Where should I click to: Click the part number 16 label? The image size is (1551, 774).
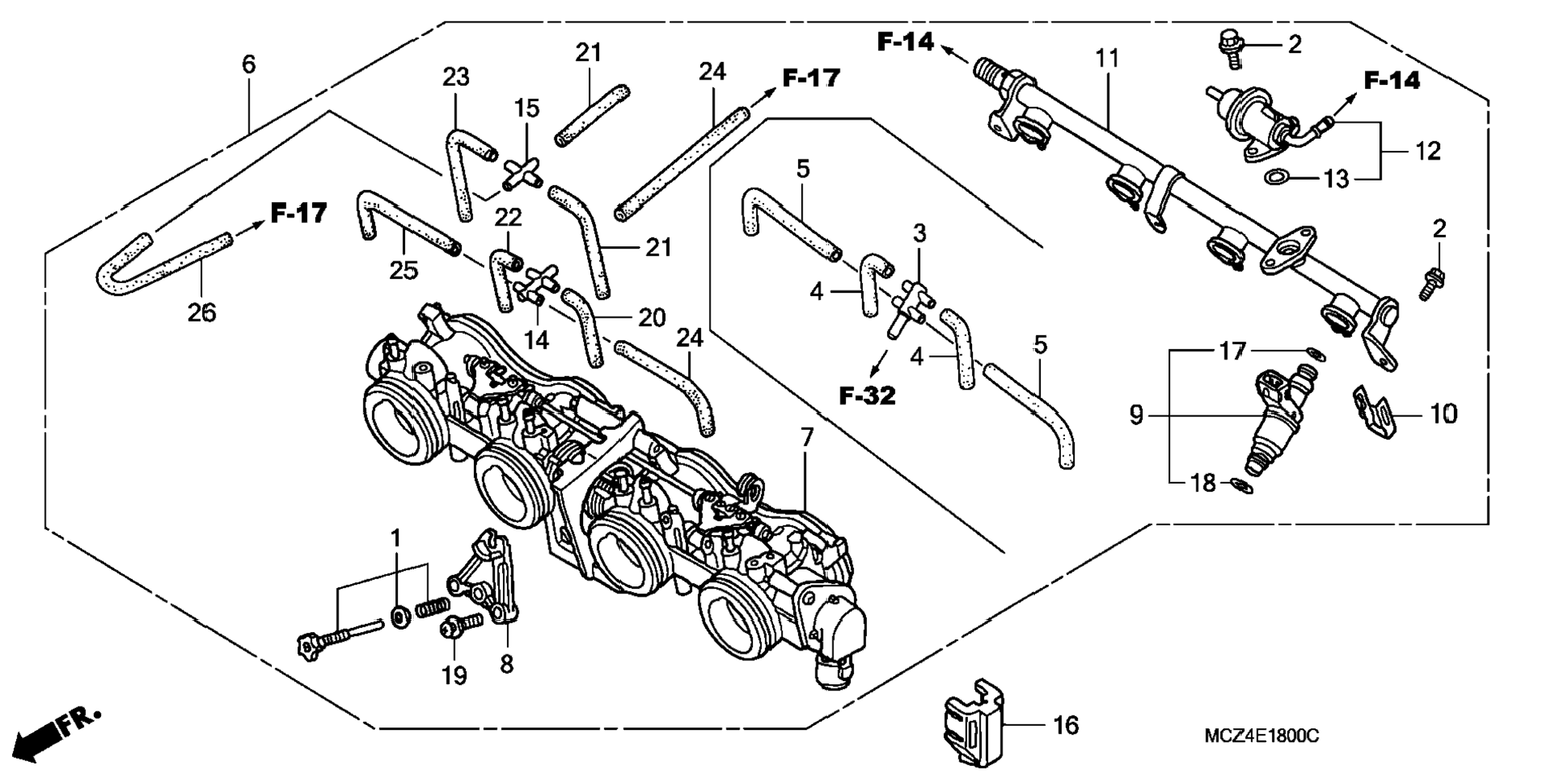[1066, 725]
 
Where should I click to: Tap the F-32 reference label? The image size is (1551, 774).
[867, 395]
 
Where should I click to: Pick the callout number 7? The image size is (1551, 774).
[807, 437]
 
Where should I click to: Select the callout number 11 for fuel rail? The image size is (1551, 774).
[1108, 59]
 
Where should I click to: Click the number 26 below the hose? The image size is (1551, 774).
[202, 312]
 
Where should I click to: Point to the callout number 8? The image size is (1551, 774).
[507, 664]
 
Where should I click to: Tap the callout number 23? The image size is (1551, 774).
[456, 77]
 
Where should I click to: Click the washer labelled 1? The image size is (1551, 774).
[399, 618]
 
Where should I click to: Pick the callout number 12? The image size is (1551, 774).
[1427, 151]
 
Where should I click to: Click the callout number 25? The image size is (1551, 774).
[403, 270]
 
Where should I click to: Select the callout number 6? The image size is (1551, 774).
[249, 64]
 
